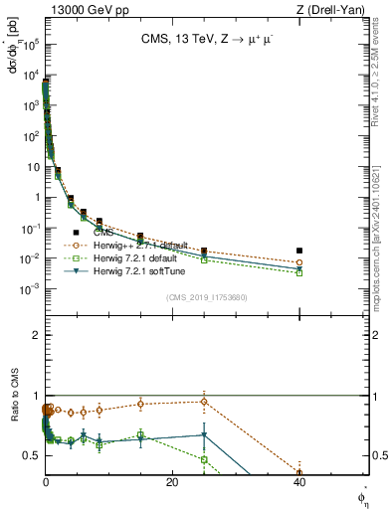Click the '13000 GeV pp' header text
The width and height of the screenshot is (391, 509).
click(83, 9)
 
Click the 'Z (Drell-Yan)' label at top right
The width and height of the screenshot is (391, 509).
click(336, 9)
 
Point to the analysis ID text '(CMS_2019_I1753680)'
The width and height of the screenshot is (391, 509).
click(206, 296)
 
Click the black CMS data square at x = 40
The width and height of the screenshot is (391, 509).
click(299, 251)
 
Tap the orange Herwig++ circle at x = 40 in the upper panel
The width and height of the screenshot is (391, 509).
click(299, 262)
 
